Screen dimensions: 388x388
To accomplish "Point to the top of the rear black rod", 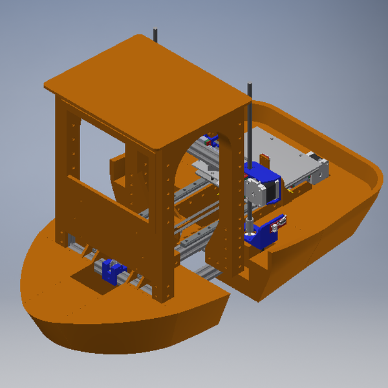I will tap(155, 32).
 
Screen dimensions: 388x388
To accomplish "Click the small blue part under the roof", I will tap(210, 138).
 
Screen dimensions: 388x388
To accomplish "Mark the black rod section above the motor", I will tap(249, 129).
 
